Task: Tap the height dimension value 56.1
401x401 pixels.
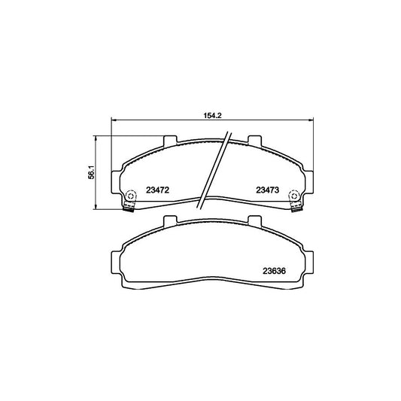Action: click(91, 172)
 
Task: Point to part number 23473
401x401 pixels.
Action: click(267, 190)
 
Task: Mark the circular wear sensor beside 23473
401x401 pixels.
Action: click(295, 195)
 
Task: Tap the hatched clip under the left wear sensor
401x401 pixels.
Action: click(128, 208)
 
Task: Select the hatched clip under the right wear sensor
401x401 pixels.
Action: click(295, 208)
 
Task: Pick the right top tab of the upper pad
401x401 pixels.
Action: click(254, 141)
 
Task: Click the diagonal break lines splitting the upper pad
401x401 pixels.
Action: click(214, 169)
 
